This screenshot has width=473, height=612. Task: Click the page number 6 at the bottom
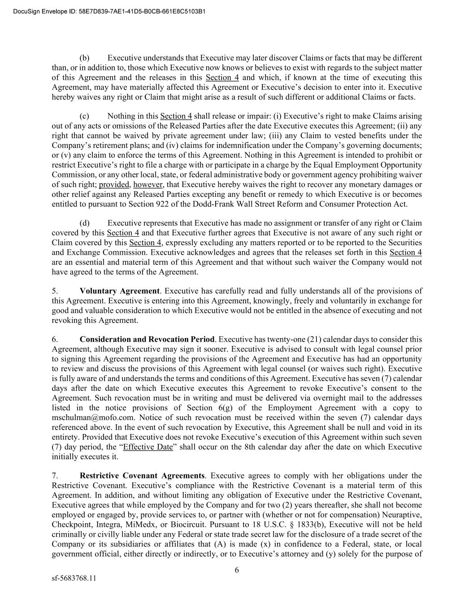[x=237, y=570]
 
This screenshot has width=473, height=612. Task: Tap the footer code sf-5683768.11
[x=74, y=578]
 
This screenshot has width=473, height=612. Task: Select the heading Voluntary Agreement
[x=119, y=291]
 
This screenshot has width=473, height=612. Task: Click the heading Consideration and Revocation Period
[x=147, y=339]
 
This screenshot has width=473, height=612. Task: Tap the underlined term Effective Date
[x=148, y=447]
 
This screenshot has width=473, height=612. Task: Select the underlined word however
[x=148, y=185]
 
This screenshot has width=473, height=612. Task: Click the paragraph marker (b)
[x=85, y=58]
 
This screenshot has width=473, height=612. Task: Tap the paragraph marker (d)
[x=85, y=223]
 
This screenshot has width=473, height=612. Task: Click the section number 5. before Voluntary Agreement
[x=54, y=291]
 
